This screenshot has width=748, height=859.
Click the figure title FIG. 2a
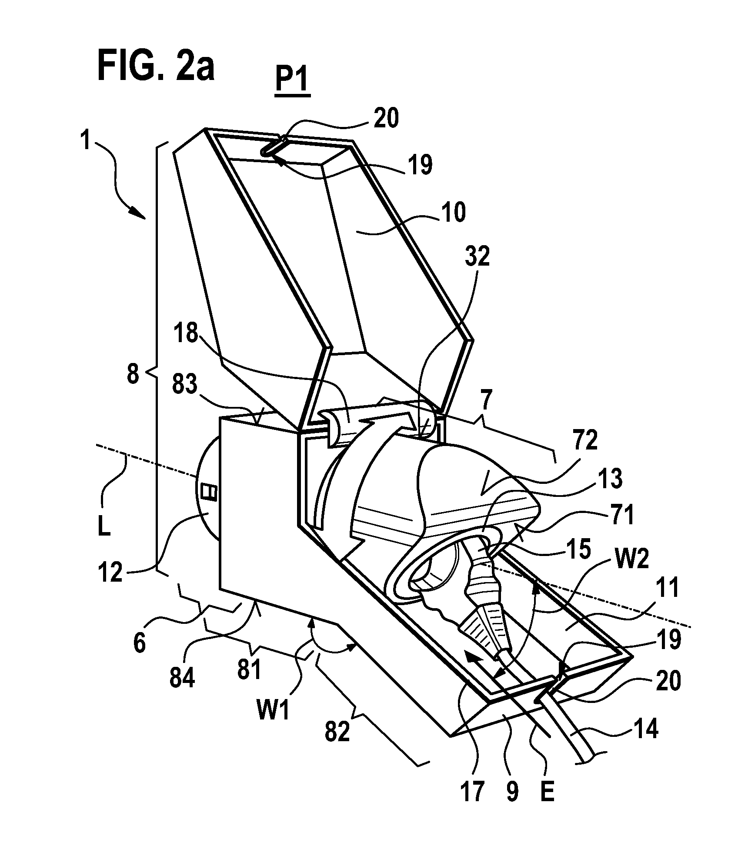click(x=156, y=65)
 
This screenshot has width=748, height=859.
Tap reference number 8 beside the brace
click(x=133, y=373)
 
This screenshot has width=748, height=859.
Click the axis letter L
click(x=104, y=528)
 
